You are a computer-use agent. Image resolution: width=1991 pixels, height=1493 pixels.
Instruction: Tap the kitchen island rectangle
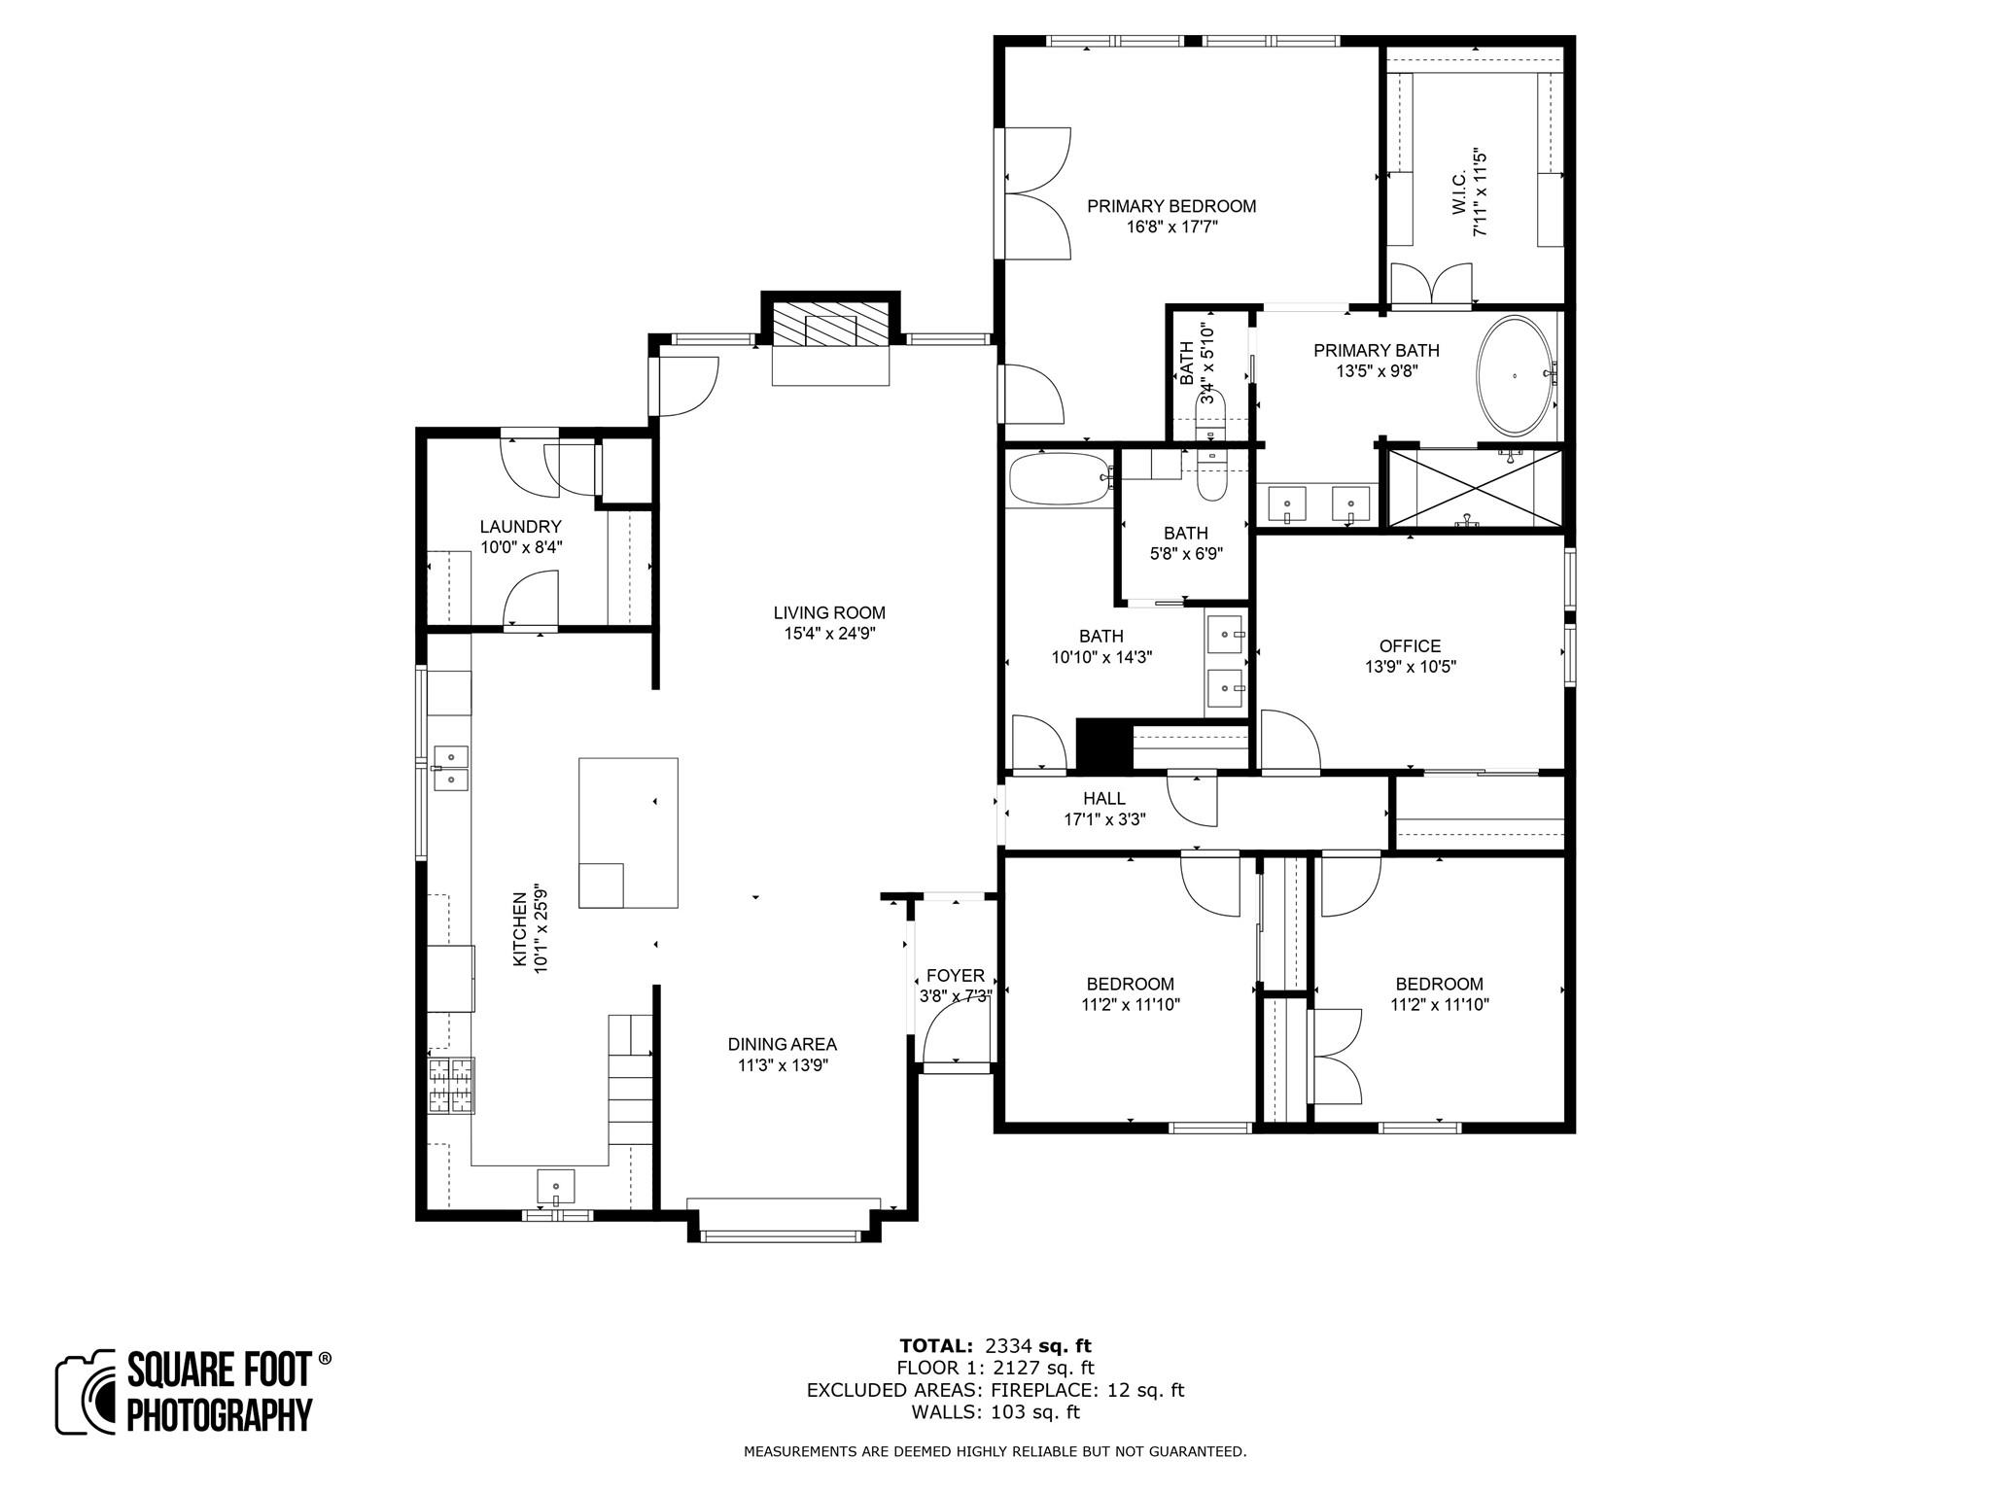[628, 832]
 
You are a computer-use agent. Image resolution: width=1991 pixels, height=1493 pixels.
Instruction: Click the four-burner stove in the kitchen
[451, 1085]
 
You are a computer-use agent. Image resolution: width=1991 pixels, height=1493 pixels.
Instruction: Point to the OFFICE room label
[1410, 646]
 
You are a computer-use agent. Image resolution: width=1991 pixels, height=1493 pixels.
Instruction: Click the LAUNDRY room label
[520, 527]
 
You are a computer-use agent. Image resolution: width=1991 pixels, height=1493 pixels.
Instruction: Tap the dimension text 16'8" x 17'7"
[1170, 226]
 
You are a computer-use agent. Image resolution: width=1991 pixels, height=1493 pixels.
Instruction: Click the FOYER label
[955, 976]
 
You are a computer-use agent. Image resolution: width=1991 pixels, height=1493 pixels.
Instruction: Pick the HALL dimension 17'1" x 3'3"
[1104, 819]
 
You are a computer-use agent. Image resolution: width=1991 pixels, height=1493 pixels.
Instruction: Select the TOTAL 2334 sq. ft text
[995, 1346]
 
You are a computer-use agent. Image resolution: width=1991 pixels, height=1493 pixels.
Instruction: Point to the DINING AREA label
[782, 1044]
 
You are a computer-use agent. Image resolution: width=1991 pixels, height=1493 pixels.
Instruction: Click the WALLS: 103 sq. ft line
[995, 1412]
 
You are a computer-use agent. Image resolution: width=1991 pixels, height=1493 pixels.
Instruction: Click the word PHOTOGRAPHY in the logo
[220, 1414]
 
